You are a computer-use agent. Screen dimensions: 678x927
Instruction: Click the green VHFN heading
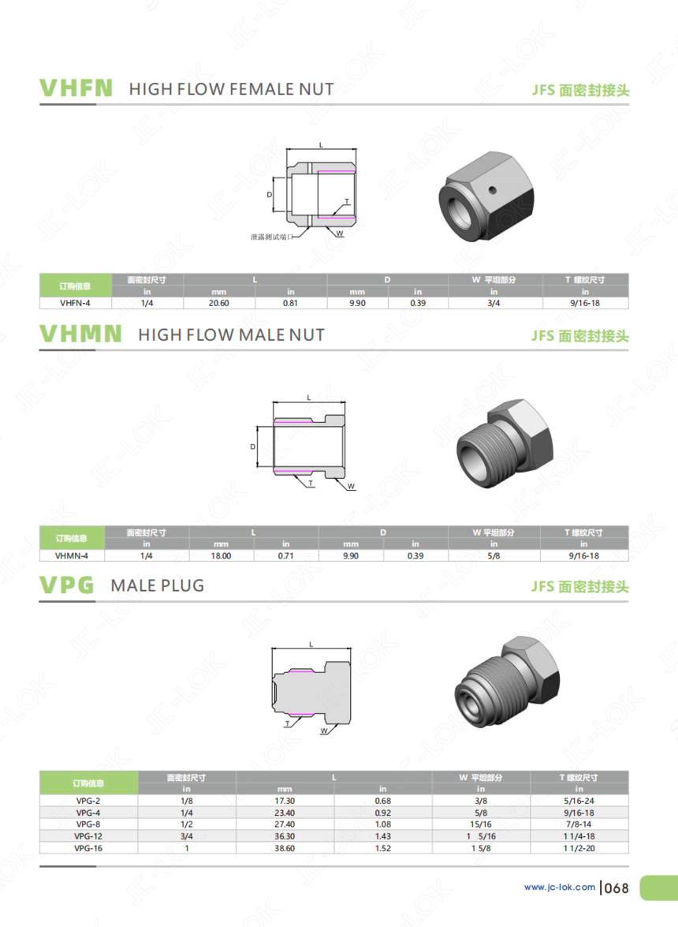pyautogui.click(x=76, y=88)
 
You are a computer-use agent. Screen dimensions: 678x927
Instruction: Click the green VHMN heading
pyautogui.click(x=80, y=334)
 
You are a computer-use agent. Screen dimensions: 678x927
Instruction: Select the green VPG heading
pyautogui.click(x=67, y=585)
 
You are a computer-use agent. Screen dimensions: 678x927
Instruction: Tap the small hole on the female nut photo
pyautogui.click(x=491, y=190)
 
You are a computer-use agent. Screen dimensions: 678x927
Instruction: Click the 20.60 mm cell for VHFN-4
pyautogui.click(x=218, y=303)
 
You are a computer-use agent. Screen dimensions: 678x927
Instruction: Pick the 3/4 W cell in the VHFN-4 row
pyautogui.click(x=494, y=303)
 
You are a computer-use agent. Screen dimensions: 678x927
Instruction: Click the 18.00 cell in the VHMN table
pyautogui.click(x=221, y=555)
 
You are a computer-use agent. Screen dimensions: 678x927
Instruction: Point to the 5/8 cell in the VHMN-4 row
pyautogui.click(x=494, y=555)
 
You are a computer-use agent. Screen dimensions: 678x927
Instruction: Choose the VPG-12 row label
pyautogui.click(x=88, y=836)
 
